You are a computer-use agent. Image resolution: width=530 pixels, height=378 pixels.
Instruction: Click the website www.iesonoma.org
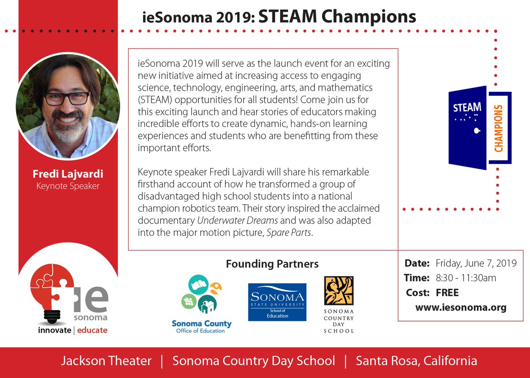tap(460, 307)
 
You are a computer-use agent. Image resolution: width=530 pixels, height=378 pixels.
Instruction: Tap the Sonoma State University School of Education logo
tap(277, 302)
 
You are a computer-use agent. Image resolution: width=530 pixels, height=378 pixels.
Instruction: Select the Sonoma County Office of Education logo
tap(201, 303)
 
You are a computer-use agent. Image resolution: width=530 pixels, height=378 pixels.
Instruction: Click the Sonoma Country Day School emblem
tap(339, 291)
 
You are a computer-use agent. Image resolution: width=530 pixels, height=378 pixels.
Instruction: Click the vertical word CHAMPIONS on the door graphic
tap(499, 128)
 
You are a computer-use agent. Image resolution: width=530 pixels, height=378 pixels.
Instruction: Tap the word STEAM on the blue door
tap(467, 108)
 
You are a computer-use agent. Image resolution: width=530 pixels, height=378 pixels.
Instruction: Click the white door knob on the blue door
tap(476, 131)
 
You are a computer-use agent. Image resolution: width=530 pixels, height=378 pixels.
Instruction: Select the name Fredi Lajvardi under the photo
tap(68, 174)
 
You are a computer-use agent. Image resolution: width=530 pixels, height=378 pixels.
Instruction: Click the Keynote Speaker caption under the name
tap(68, 186)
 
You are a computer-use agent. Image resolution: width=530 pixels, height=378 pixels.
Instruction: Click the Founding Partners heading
tap(272, 264)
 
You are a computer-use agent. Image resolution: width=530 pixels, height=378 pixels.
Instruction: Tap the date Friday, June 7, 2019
tap(476, 263)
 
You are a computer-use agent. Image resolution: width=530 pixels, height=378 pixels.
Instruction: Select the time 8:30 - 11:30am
tap(466, 278)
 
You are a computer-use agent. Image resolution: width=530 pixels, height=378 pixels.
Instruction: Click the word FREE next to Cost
tap(447, 292)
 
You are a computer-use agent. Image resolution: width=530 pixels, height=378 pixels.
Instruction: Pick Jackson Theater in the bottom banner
tap(106, 361)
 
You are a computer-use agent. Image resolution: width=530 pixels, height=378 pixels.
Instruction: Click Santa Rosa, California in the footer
tap(416, 361)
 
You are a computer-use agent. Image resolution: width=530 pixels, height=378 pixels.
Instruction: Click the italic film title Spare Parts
tap(289, 232)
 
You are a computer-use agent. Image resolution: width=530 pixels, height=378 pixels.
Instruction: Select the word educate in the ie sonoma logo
tap(92, 330)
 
